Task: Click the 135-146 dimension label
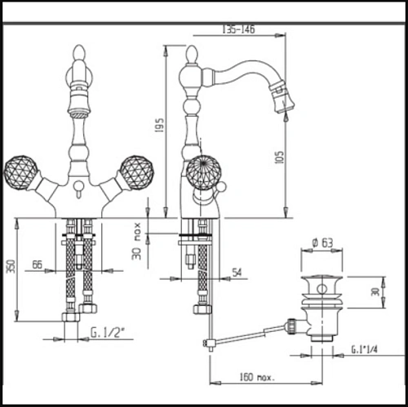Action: coord(238,29)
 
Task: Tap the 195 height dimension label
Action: coord(159,125)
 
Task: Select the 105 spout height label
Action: coord(279,157)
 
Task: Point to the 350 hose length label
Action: coord(11,266)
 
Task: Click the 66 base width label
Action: coord(38,264)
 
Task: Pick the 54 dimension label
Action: coord(237,272)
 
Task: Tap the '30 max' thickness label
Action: coord(137,241)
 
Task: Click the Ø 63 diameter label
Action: coord(322,242)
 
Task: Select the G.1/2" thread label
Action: coord(108,333)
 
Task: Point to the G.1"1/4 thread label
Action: coord(365,349)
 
